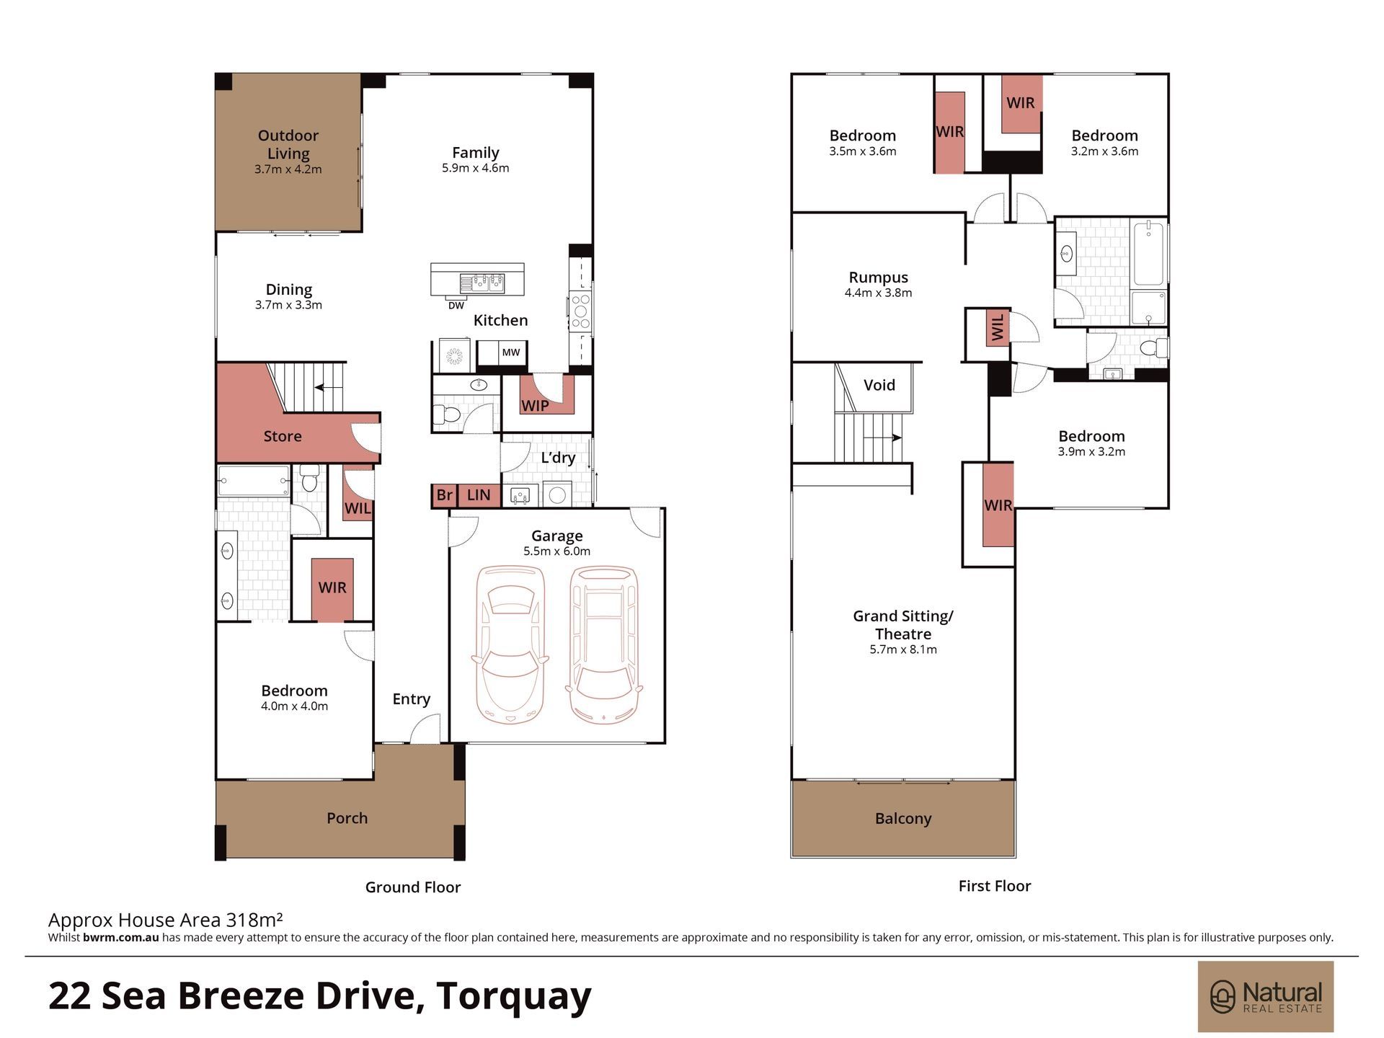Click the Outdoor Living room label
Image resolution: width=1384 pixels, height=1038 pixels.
click(288, 144)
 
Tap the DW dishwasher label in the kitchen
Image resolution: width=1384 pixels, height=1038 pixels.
click(456, 306)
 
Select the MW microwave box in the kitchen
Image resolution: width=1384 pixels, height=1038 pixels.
click(511, 352)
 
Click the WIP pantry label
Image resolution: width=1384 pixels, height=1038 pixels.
click(535, 406)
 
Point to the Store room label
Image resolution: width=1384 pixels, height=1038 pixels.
click(283, 436)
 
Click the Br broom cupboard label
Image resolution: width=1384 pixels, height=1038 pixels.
click(445, 495)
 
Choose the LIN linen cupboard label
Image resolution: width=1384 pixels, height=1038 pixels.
click(479, 495)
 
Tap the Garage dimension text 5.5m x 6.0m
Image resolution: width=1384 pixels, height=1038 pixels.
click(557, 551)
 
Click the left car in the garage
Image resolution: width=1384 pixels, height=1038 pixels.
click(510, 646)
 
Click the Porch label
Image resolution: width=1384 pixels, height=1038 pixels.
click(347, 818)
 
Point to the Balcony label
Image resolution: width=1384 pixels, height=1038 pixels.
click(903, 819)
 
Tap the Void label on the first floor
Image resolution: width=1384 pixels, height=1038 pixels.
click(879, 385)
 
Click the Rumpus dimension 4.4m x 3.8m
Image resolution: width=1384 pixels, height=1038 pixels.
click(879, 293)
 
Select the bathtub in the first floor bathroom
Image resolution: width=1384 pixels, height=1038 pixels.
click(1148, 254)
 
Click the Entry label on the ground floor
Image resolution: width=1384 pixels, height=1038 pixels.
click(412, 699)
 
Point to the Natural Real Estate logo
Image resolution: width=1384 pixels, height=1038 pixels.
click(1266, 997)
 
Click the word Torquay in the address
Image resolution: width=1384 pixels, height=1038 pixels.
click(514, 997)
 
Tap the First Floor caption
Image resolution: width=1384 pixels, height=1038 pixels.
click(995, 886)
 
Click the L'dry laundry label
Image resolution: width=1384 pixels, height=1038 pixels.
click(558, 458)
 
